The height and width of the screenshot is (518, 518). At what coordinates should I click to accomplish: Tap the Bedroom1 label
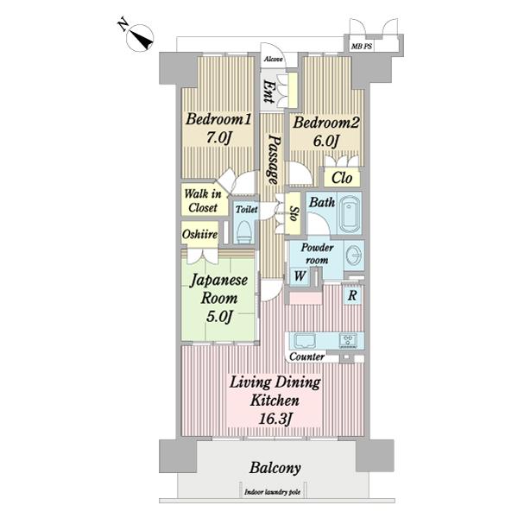218,119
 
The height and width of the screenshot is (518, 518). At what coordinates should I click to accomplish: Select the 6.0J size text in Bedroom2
325,141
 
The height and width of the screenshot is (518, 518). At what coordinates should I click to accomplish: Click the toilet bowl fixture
245,231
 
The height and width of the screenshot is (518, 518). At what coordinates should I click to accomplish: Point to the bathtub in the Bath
351,212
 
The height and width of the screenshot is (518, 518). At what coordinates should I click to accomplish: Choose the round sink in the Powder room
354,256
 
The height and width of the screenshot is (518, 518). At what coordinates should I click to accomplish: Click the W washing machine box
300,275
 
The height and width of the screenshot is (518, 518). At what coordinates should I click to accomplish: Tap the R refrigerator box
352,295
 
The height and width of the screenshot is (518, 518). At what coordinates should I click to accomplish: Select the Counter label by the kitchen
306,357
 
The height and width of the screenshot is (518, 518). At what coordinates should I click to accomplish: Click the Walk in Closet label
203,200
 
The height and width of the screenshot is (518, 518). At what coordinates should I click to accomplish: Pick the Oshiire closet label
200,234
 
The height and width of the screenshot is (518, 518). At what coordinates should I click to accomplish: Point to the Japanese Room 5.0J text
219,298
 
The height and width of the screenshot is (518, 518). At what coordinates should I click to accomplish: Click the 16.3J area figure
275,420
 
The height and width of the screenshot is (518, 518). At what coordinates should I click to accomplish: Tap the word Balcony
275,468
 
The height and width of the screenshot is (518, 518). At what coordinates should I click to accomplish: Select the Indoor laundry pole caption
273,492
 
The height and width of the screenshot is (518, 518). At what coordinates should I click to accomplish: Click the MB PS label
362,47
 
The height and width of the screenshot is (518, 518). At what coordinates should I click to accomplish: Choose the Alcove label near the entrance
274,59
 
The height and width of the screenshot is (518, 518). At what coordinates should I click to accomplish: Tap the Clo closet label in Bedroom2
342,178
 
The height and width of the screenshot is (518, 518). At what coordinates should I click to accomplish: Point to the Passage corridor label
274,159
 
